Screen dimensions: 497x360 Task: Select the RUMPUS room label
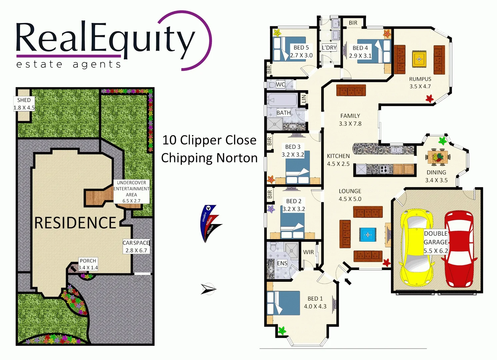tap(420, 79)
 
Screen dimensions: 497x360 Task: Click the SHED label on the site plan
tap(24, 100)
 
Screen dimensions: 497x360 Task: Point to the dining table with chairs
tap(438, 157)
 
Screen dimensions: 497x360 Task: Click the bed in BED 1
tap(283, 303)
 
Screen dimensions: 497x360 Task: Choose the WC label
tap(280, 85)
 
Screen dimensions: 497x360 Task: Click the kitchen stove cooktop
tap(384, 169)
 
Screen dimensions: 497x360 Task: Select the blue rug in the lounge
tap(368, 235)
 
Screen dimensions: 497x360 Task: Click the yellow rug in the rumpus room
tap(419, 59)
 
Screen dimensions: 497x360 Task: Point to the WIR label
tap(308, 252)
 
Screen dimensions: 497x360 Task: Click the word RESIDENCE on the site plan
tap(75, 223)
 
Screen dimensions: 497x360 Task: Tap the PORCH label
tap(88, 261)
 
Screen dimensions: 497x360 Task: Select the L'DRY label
tap(329, 48)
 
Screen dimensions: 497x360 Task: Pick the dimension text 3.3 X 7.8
tap(350, 124)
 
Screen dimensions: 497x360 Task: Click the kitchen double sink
tap(396, 150)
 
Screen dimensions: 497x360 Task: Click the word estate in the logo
tap(39, 64)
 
